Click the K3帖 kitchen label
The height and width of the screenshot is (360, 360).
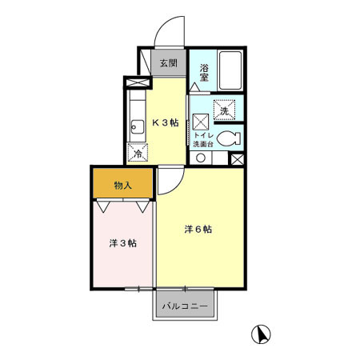point(166,122)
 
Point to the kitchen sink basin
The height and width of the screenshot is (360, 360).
point(133,126)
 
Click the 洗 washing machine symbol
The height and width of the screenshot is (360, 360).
point(225,110)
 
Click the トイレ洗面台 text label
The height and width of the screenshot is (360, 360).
point(205,139)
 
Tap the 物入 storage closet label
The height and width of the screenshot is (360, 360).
point(122,186)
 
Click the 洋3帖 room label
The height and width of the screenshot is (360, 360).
point(122,242)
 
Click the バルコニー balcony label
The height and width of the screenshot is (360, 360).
point(184,306)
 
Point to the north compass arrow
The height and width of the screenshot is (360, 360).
point(261,334)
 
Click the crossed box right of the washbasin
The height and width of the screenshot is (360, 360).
point(237,158)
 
